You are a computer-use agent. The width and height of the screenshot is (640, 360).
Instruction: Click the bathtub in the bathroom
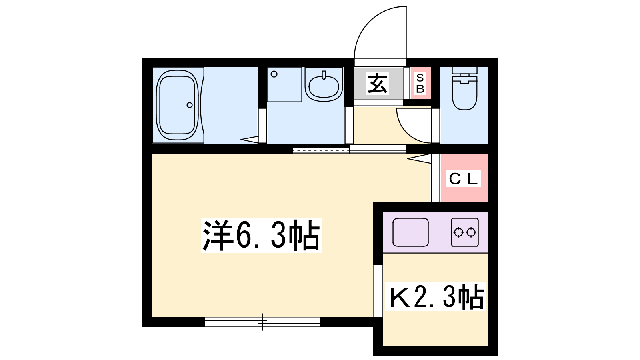pos(178,105)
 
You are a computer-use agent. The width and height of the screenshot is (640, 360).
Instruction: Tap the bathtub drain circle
pos(190,105)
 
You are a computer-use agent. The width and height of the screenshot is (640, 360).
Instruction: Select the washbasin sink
pos(324,85)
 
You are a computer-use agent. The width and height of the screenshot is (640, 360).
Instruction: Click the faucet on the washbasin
pos(324,75)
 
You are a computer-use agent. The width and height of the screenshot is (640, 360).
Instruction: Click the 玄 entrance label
pos(378,84)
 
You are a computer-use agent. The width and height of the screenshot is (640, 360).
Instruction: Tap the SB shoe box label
pos(420,84)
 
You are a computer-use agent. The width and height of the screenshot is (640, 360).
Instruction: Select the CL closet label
pos(463,178)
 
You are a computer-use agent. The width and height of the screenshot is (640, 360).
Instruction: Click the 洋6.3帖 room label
pos(261,236)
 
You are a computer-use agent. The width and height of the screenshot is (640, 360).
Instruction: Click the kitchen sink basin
pos(410,232)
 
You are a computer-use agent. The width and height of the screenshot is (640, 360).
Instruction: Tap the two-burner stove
pos(465,232)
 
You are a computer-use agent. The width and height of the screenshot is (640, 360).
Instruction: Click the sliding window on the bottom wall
pos(262,322)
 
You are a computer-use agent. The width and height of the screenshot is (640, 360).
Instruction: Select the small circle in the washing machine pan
pos(274,74)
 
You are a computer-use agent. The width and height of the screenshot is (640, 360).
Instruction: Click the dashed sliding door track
pos(321,149)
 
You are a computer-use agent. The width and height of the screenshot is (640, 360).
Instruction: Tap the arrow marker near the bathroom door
pos(250,140)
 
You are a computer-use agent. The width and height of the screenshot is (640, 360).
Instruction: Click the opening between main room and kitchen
pos(378,291)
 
